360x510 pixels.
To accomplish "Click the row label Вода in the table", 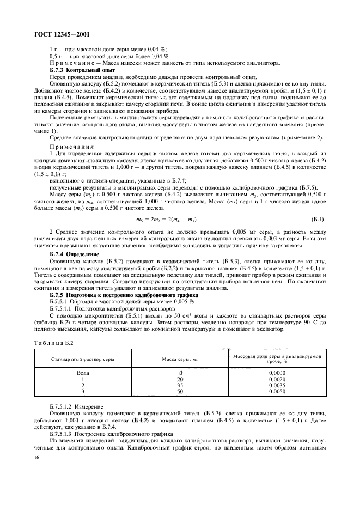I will click(x=83, y=373).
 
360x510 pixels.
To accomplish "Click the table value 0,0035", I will click(x=277, y=385).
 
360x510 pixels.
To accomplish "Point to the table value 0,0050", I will click(x=277, y=391).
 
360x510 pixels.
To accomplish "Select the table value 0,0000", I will click(x=277, y=373).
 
